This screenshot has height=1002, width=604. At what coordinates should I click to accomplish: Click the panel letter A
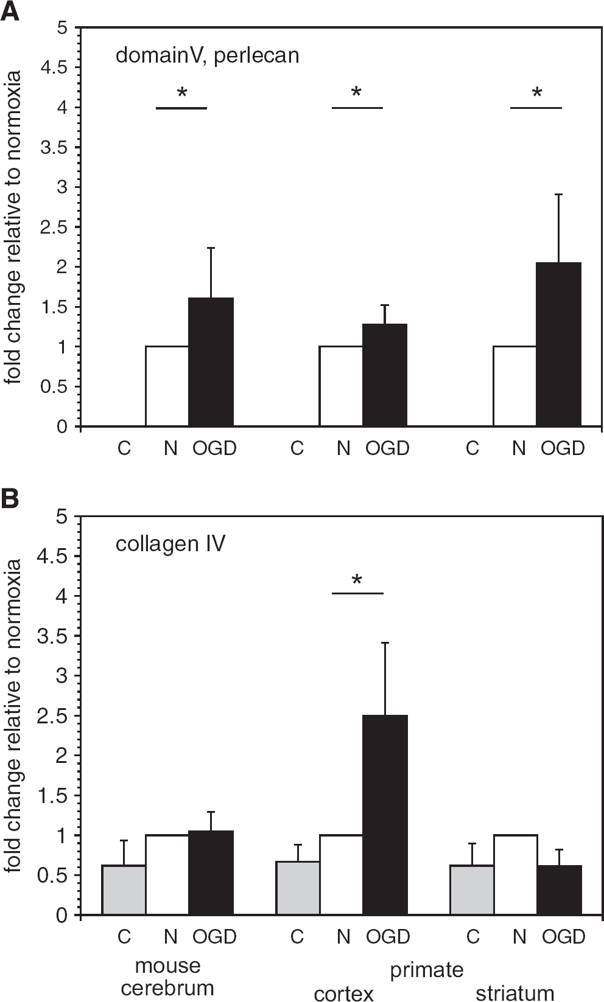(10, 11)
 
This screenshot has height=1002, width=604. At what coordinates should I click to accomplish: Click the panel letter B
(10, 499)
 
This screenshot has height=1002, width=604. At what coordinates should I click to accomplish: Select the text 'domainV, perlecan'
(207, 56)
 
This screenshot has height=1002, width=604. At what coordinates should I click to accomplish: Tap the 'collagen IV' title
(170, 544)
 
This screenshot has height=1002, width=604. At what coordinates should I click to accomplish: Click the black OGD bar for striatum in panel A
(559, 344)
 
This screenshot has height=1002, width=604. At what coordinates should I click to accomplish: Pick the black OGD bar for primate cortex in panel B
(385, 815)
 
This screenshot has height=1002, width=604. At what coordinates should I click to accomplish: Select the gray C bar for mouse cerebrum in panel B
(124, 889)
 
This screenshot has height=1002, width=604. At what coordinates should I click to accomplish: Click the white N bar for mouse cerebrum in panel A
(167, 386)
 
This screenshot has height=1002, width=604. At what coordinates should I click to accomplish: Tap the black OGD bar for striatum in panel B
(559, 889)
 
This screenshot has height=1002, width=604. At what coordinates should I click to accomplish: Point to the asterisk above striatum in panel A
(537, 93)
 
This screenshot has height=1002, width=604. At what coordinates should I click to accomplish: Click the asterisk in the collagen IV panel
(357, 580)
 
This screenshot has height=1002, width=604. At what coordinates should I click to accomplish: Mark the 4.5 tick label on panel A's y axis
(54, 68)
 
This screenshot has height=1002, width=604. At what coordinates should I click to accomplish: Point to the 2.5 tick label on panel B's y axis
(52, 715)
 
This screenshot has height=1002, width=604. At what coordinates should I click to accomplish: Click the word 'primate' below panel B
(427, 970)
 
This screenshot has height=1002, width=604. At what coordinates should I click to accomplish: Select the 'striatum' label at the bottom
(515, 993)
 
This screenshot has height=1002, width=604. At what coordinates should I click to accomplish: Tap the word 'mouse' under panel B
(168, 965)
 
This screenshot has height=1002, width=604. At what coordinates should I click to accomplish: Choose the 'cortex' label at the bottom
(344, 993)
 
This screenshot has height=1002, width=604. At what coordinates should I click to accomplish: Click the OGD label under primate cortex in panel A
(387, 448)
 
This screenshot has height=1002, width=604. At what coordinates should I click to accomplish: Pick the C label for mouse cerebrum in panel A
(124, 448)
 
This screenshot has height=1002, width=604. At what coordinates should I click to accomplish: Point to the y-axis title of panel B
(12, 715)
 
